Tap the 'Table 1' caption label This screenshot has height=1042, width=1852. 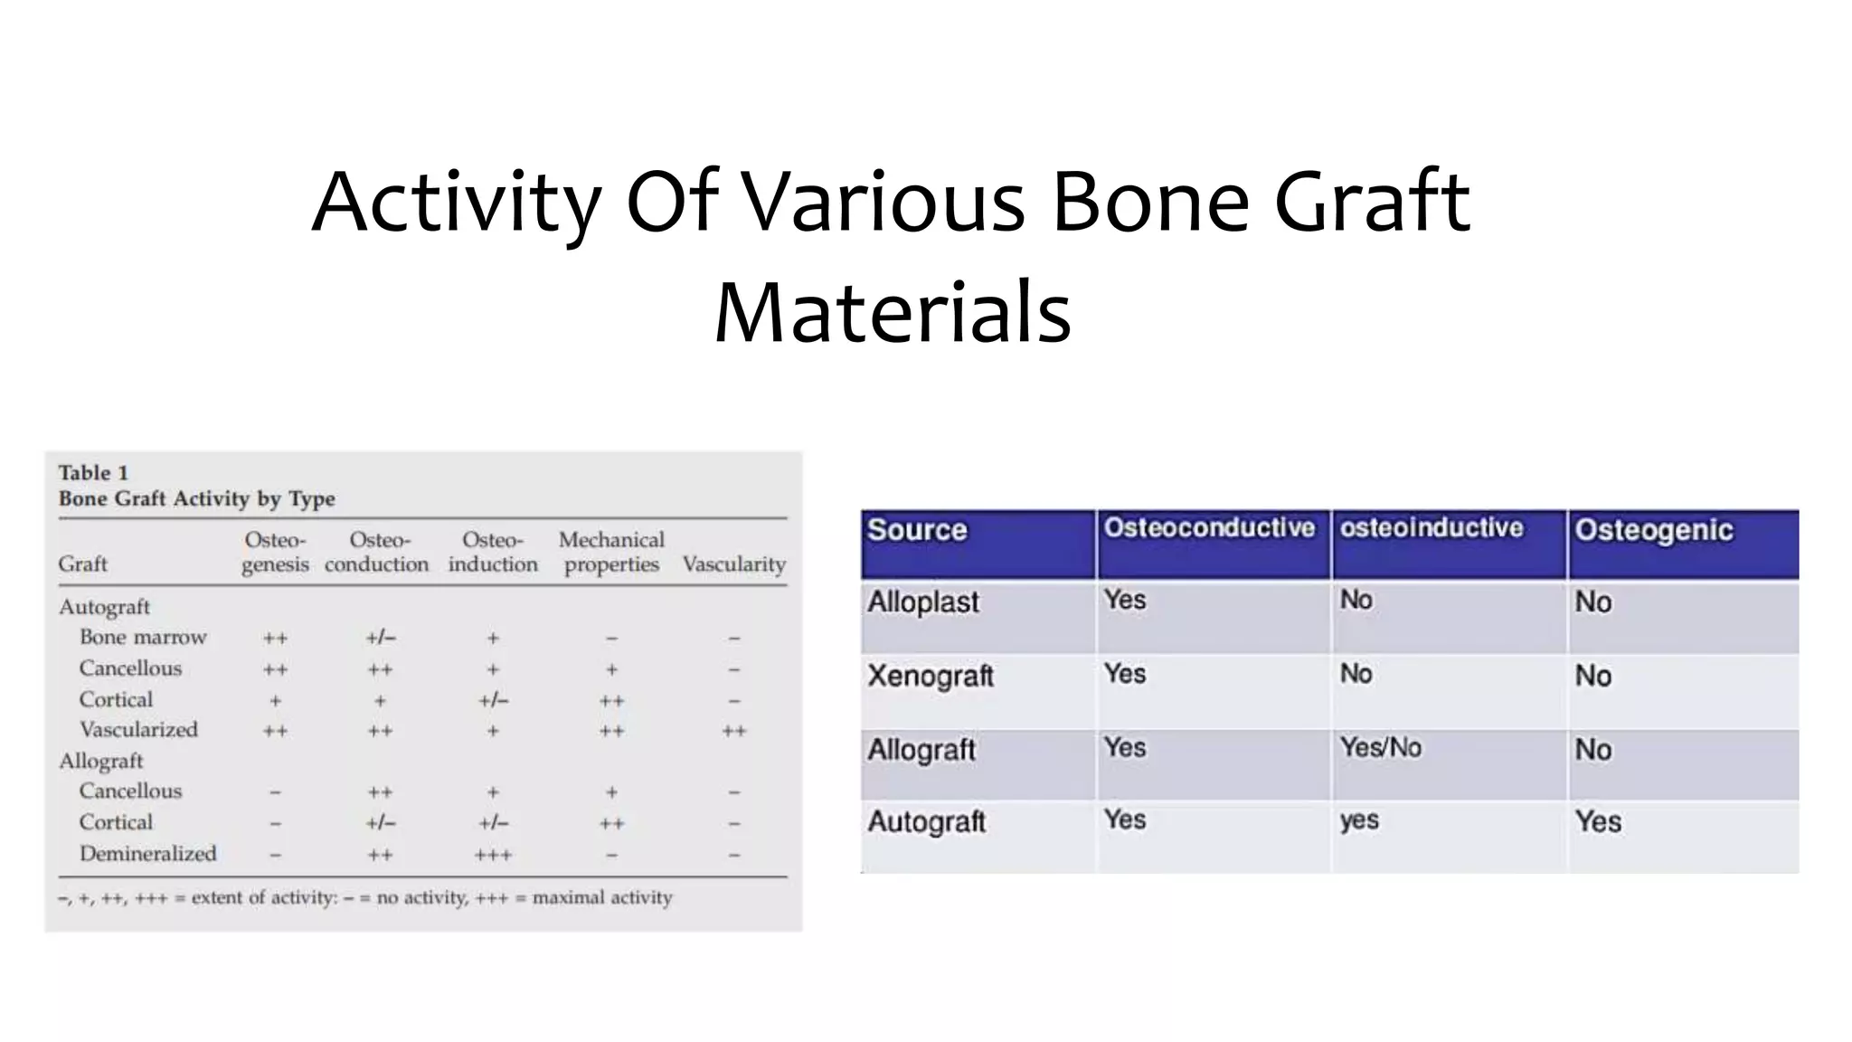pos(93,473)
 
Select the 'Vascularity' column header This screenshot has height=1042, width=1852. pos(733,564)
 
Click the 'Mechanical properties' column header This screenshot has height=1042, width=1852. pos(611,552)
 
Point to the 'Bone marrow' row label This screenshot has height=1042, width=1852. pos(143,638)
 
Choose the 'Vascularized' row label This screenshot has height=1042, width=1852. pos(138,730)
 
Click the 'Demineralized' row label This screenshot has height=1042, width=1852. pos(147,854)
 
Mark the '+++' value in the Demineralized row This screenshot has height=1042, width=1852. pos(493,855)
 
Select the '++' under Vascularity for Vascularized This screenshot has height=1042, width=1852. pos(733,731)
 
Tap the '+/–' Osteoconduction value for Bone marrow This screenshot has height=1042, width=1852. pos(381,638)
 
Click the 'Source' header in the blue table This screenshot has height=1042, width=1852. pos(917,530)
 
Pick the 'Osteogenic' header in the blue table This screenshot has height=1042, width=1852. pos(1654,530)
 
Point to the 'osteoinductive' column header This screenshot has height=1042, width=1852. pos(1432,528)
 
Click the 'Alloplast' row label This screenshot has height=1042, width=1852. pos(923,602)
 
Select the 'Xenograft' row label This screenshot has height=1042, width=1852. pos(931,676)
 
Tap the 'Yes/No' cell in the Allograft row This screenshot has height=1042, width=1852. pos(1381,748)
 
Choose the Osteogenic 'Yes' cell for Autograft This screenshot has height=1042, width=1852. pos(1598,822)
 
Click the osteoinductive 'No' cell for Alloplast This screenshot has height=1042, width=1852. pos(1356,601)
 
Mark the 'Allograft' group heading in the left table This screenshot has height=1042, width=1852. pos(101,762)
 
